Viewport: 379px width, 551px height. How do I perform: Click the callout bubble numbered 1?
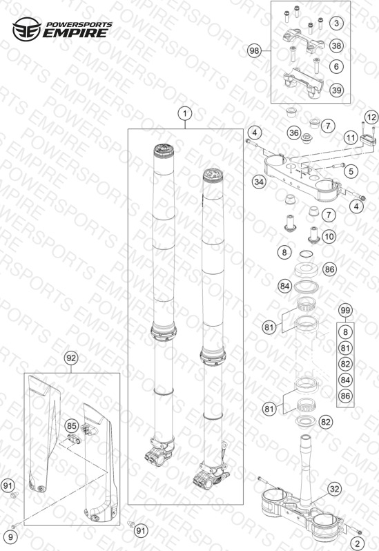185,113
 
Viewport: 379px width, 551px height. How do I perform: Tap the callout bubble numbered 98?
254,51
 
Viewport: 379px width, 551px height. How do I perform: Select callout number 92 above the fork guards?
71,358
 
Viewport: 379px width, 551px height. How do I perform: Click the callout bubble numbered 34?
259,182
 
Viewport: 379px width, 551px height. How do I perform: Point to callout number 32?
334,489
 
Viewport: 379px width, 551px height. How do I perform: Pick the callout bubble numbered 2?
358,543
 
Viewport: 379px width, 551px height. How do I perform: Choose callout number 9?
10,537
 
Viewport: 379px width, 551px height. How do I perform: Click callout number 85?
72,426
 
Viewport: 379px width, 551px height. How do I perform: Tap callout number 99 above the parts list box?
345,310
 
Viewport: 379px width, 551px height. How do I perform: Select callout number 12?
371,117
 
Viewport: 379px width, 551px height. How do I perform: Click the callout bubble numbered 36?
294,133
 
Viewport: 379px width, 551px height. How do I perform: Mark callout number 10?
329,236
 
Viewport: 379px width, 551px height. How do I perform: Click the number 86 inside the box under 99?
345,396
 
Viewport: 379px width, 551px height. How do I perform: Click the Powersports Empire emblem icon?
27,29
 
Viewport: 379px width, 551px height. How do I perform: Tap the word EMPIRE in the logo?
75,33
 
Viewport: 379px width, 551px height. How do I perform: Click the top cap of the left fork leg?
164,150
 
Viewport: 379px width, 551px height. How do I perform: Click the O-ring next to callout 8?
307,253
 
